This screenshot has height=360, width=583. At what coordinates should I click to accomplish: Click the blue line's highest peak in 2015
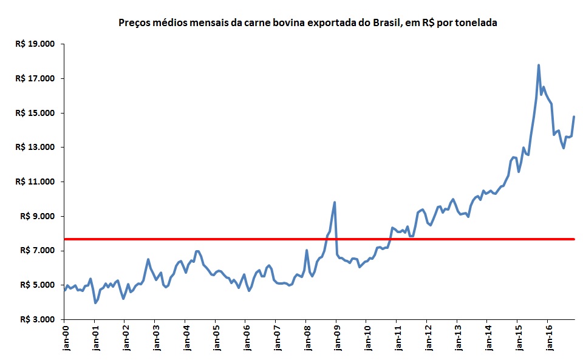pos(539,65)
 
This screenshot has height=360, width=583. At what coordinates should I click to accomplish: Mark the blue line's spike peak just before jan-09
pos(335,202)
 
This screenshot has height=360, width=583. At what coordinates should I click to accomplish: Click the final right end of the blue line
pos(574,117)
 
